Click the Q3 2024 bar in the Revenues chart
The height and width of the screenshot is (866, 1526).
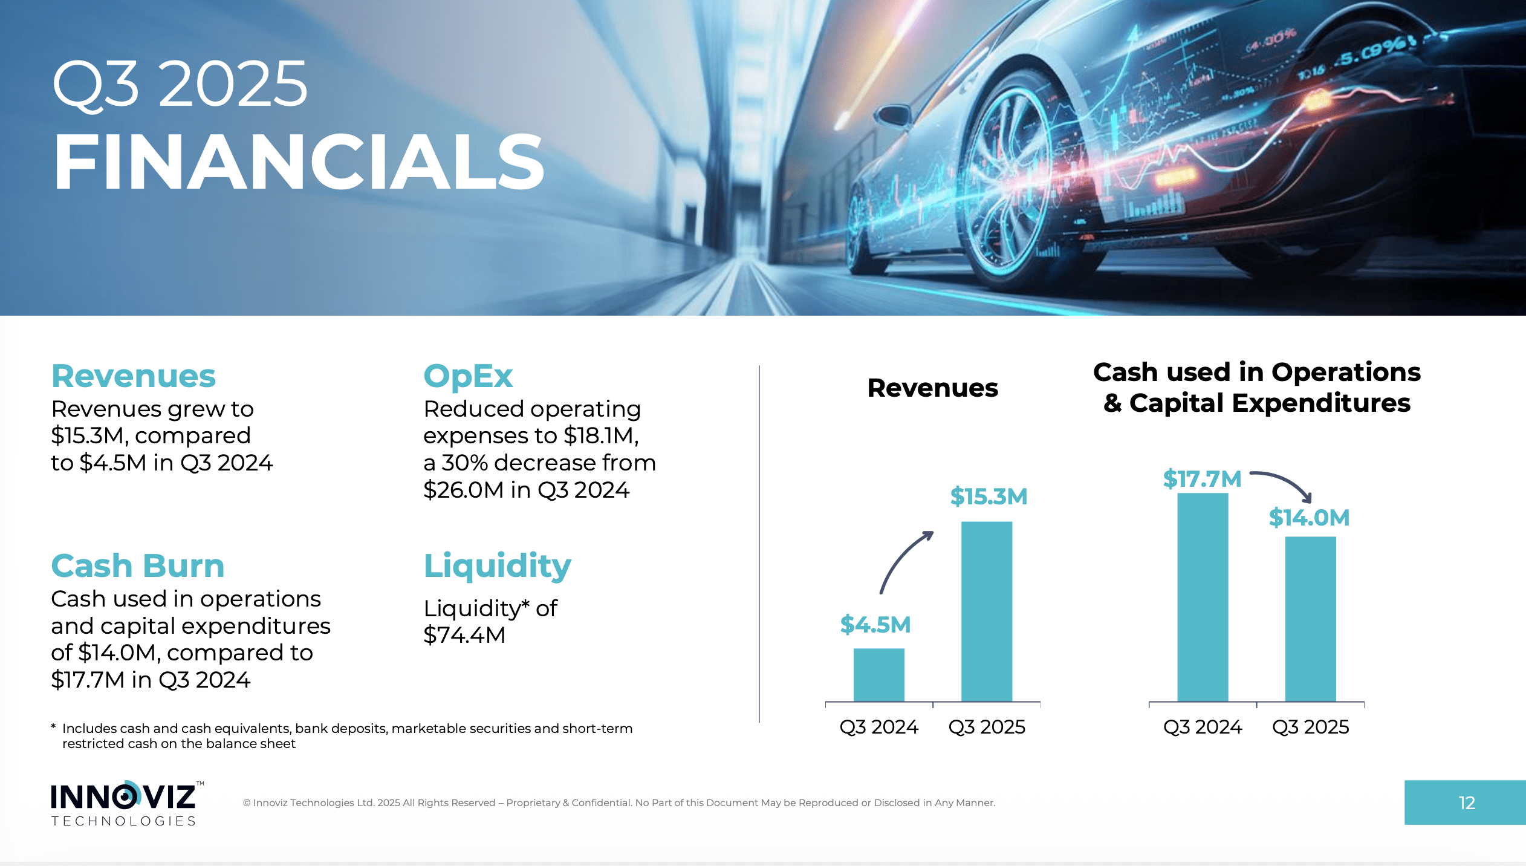[878, 674]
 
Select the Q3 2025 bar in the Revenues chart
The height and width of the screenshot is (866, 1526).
[986, 611]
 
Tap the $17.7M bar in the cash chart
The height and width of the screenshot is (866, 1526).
[1202, 597]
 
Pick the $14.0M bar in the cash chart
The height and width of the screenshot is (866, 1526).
[1310, 619]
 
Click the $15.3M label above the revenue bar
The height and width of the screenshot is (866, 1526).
[989, 496]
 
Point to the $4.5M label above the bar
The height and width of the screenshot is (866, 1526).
[875, 625]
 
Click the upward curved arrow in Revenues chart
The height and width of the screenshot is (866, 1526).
[904, 560]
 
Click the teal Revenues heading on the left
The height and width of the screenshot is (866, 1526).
[134, 376]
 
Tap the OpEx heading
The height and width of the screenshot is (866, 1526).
[468, 376]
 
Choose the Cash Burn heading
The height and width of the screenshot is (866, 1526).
[138, 566]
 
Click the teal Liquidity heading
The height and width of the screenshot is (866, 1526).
[497, 566]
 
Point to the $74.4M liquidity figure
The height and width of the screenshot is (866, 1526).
[464, 635]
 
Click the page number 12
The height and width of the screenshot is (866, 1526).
[1466, 803]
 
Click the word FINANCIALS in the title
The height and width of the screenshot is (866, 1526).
[299, 162]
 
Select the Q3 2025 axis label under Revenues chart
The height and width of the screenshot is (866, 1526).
[987, 726]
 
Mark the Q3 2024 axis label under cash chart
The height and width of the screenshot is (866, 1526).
[1202, 726]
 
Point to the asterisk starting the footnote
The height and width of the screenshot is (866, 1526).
[54, 727]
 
